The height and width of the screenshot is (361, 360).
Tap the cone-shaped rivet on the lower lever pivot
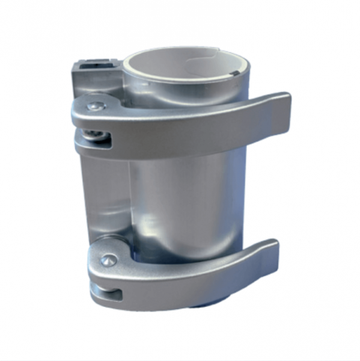(x=108, y=259)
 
